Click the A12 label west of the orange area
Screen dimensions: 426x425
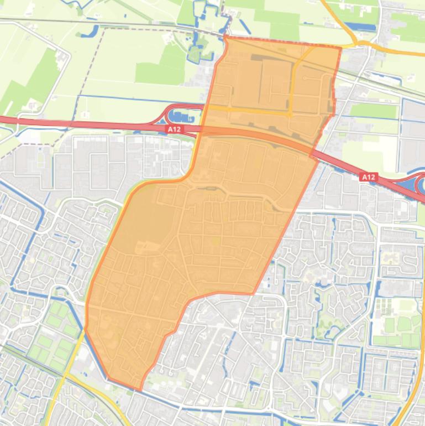click(x=173, y=129)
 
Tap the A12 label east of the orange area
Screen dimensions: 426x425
click(x=368, y=177)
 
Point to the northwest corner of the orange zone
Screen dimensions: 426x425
click(x=225, y=37)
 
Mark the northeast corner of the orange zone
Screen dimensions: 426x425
click(x=340, y=48)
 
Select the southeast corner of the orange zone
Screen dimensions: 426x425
click(x=254, y=293)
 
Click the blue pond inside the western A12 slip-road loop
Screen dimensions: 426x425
click(x=177, y=116)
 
